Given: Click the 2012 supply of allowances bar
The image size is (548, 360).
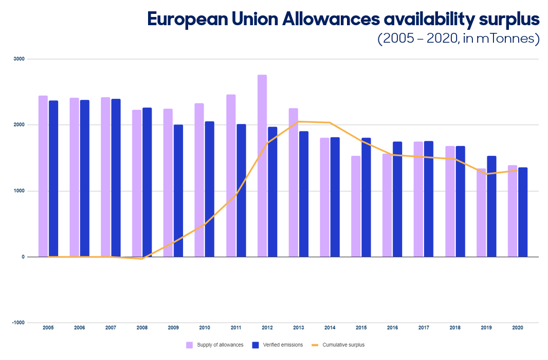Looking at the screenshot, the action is tap(262, 166).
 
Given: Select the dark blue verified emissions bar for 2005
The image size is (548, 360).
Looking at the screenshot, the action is tap(53, 178).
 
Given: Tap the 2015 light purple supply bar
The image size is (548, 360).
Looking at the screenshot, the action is tap(356, 206).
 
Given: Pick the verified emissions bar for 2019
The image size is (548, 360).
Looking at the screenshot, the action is tap(492, 206).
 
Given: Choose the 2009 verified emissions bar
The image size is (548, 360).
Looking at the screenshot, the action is tap(178, 191).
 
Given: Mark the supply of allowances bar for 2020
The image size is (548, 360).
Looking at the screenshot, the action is tap(513, 211).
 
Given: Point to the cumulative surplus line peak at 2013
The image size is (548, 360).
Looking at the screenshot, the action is tap(299, 122).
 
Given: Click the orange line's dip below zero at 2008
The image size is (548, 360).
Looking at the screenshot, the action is tap(142, 259).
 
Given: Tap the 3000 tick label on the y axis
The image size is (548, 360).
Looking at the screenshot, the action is tap(19, 59).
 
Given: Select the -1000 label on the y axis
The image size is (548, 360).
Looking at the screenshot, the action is tap(18, 322).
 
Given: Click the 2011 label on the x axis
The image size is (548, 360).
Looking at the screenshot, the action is tap(236, 328).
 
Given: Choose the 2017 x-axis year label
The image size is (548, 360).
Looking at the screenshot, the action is tap(424, 328).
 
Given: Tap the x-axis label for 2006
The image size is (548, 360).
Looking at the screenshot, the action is tap(79, 328).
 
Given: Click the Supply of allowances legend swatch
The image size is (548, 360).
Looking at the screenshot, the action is tap(189, 345).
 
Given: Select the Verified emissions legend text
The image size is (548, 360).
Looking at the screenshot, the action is tap(283, 345).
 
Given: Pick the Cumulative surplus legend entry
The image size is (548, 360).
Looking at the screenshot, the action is tap(338, 345).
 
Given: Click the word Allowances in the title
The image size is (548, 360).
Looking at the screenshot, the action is tap(331, 19).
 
